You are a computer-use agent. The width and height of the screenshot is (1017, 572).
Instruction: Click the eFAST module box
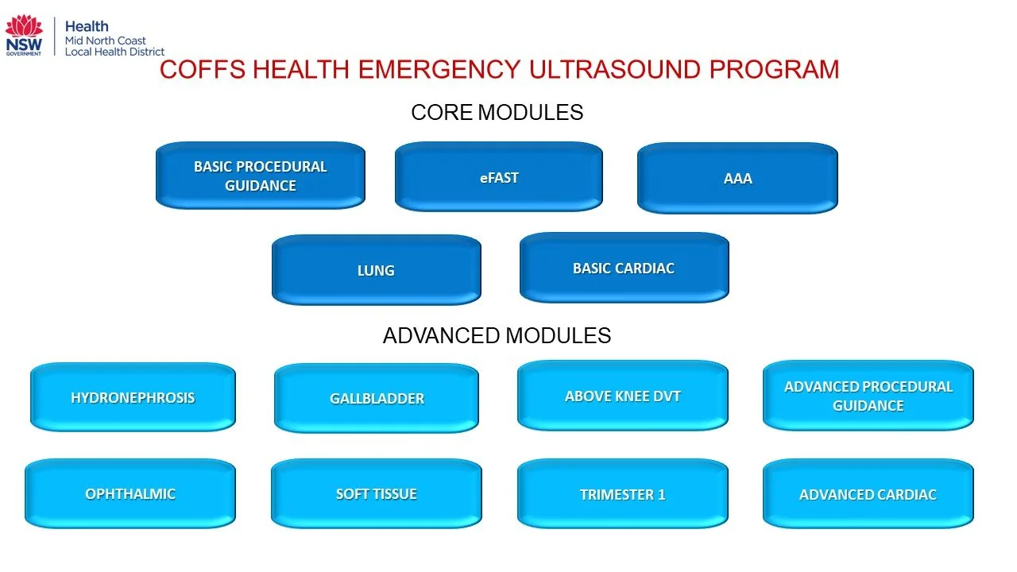coord(499,177)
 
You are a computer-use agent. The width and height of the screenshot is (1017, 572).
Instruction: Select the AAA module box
coord(737,179)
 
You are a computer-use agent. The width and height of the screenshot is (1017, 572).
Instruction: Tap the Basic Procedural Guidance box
coord(261,176)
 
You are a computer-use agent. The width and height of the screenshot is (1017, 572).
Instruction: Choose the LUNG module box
coord(376,270)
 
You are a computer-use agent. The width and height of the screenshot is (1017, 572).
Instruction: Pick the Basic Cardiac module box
coord(624,268)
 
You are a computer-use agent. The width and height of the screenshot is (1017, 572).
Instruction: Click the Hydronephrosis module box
coord(133,397)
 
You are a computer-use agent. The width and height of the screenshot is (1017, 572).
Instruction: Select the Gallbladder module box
coord(377,398)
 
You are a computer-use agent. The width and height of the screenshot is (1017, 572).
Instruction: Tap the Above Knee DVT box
coord(622,396)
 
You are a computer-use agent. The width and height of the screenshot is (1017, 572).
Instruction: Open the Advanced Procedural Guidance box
coord(868,396)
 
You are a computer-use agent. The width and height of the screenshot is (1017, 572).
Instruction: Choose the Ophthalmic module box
coord(130,493)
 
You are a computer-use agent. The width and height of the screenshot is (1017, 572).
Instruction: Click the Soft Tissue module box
coord(376,493)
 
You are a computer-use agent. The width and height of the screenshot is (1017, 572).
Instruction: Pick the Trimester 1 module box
coord(622,494)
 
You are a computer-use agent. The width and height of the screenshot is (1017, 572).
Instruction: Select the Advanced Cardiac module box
coord(868,494)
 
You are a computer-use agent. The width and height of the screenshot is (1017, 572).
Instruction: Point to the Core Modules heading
coord(497,113)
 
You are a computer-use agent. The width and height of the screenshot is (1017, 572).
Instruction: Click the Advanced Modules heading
coord(497,335)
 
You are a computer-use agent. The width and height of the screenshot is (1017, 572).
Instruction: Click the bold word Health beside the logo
coord(87,26)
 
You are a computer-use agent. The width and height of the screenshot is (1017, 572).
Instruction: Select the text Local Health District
coord(114,52)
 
